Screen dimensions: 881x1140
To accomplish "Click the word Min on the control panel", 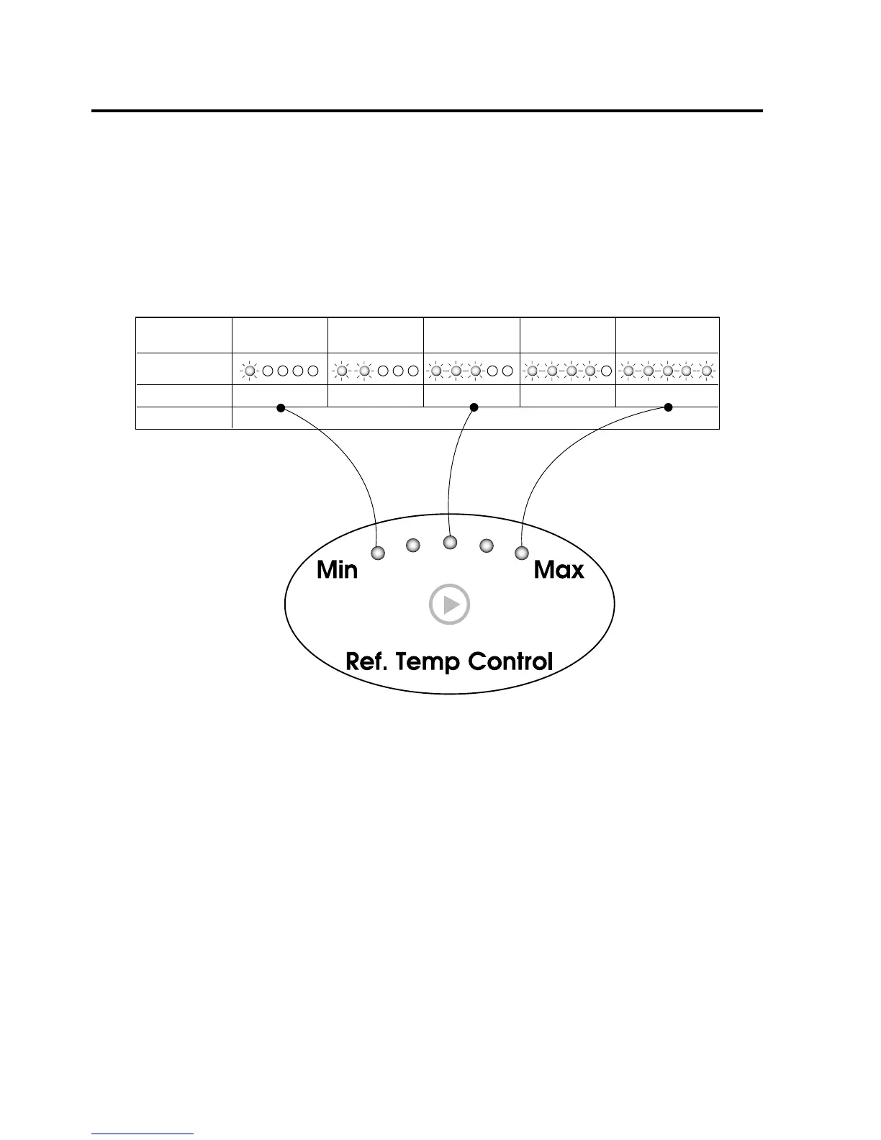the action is [337, 571].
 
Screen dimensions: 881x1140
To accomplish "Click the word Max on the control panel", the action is [559, 571].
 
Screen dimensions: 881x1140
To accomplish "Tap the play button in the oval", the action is [449, 605].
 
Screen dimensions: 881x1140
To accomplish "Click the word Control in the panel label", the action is [510, 661].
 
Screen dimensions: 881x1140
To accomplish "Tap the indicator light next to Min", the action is [378, 553].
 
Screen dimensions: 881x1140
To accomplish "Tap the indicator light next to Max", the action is [522, 553].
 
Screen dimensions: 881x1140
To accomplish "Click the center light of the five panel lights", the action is [450, 541].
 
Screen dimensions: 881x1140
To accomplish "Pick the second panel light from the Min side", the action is [413, 546].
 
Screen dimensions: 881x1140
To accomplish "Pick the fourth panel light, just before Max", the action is [487, 546].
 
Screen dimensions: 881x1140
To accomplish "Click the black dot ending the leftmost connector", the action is [281, 408].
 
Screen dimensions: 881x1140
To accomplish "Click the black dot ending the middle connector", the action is [474, 408].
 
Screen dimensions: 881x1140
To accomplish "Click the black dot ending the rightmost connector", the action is [668, 408].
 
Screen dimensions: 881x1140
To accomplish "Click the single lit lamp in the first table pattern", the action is [249, 371].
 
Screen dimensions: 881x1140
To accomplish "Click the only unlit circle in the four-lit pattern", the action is [607, 371].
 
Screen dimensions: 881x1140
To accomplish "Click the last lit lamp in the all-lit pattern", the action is [707, 371].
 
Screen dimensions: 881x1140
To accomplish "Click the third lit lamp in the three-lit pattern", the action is [475, 371].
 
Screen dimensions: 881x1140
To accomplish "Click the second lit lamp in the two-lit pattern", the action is [364, 371].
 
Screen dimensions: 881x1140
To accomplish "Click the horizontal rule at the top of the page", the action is [427, 111].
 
